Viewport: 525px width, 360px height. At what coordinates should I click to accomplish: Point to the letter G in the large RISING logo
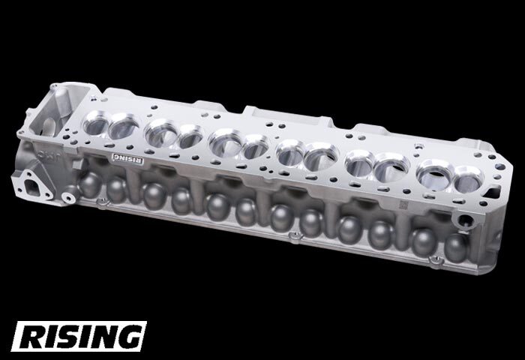(x=128, y=337)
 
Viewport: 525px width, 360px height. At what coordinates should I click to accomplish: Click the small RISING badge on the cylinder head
(x=127, y=158)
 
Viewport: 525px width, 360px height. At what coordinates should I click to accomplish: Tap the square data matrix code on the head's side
(x=403, y=205)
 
